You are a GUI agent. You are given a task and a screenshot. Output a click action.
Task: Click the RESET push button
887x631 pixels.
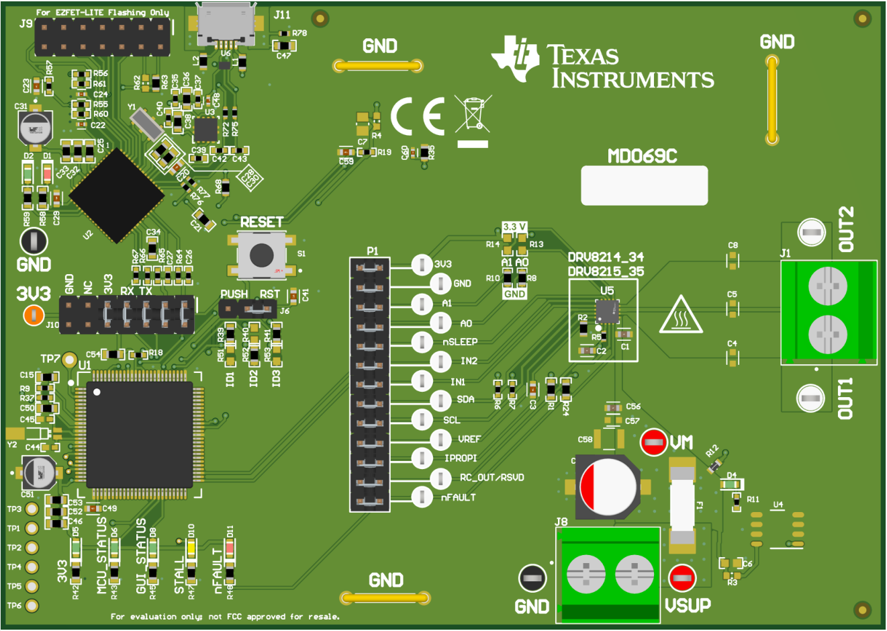click(x=261, y=255)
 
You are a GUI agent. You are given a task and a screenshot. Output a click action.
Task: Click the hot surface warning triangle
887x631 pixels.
click(x=680, y=315)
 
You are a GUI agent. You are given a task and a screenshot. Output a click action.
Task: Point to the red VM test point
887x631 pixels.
click(x=653, y=441)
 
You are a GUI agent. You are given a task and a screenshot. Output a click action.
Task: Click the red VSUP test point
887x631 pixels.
click(x=682, y=577)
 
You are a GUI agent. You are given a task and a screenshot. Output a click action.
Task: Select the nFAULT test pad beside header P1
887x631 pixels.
click(x=422, y=497)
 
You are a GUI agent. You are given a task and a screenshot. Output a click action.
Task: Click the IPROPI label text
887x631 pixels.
click(x=461, y=458)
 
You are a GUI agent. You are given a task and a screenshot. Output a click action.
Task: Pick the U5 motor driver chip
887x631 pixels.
click(x=607, y=311)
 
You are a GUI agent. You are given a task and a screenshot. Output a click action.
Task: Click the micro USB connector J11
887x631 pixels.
click(x=226, y=26)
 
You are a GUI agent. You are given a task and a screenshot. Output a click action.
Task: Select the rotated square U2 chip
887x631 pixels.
click(x=116, y=195)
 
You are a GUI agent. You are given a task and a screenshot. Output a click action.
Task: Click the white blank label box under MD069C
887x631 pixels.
click(x=644, y=185)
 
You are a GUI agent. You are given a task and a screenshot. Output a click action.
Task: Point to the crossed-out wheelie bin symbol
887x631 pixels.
click(x=473, y=113)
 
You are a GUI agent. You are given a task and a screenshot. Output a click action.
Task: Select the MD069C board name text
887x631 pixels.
click(x=643, y=157)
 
